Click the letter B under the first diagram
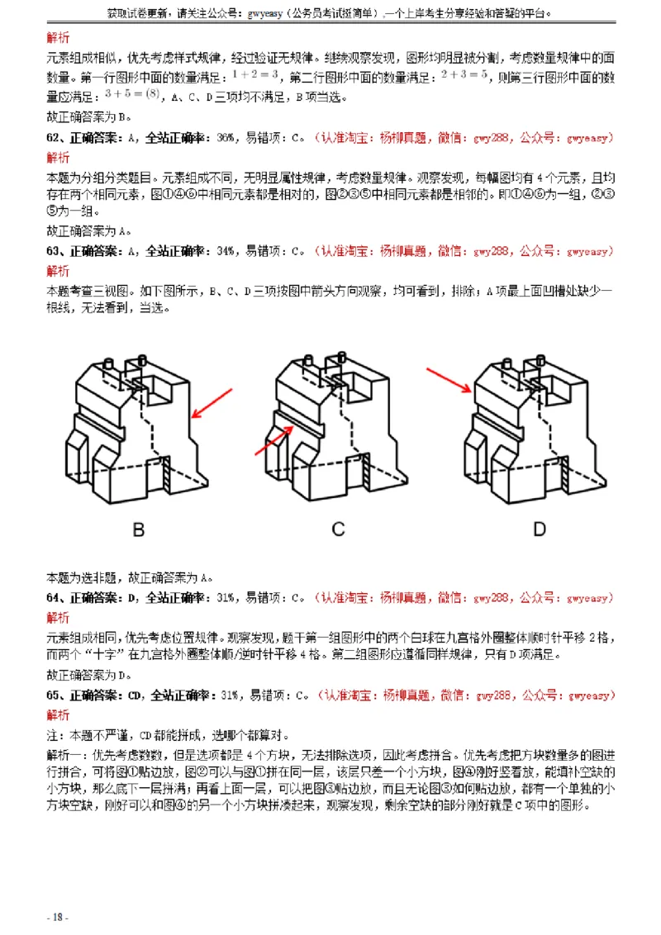click(139, 529)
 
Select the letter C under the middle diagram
click(339, 529)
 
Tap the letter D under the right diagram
click(538, 529)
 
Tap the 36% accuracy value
click(225, 137)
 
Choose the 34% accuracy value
click(225, 251)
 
